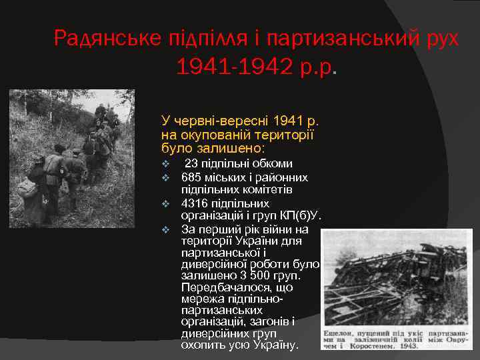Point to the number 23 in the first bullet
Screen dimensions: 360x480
point(191,163)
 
